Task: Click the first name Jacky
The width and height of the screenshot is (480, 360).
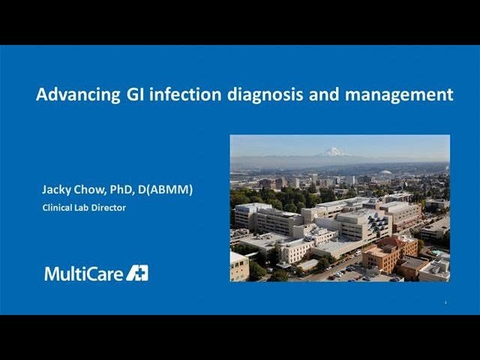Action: coord(57,190)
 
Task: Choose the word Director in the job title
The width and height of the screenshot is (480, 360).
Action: coord(109,208)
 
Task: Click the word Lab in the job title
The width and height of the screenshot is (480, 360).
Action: coord(83,208)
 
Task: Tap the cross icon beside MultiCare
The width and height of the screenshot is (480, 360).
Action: coord(137,272)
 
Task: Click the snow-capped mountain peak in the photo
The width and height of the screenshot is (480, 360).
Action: coord(334,151)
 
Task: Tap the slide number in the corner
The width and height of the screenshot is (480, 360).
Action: coord(445,302)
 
